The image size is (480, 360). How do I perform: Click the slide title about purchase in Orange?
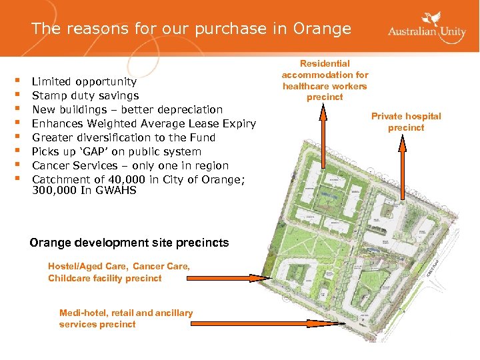pos(191,29)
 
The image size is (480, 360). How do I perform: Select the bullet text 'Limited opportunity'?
pos(84,81)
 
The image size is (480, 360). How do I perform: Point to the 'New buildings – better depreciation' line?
pos(127,109)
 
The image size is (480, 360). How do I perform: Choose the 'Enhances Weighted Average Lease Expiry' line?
pos(144,123)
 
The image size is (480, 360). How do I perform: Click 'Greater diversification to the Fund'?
pos(124,137)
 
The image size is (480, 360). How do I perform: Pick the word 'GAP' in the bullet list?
pos(92,151)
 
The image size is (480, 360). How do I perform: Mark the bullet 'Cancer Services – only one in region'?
pos(130,165)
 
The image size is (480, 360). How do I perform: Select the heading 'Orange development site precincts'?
pos(129,243)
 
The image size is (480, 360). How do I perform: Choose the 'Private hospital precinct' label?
pos(406,121)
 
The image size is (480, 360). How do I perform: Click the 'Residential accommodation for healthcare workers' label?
pos(325,80)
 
